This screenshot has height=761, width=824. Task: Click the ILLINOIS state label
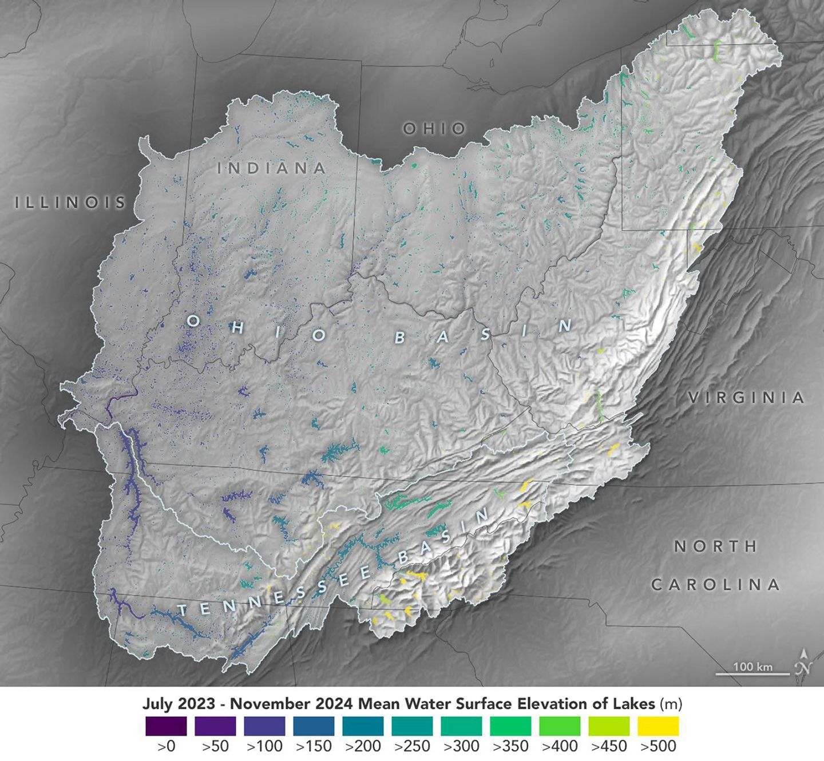pyautogui.click(x=70, y=202)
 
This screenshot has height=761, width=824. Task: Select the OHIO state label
pyautogui.click(x=434, y=129)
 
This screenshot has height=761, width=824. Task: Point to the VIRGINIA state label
pyautogui.click(x=747, y=398)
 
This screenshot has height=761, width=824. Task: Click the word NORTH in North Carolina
pyautogui.click(x=715, y=546)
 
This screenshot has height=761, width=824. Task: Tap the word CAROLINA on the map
pyautogui.click(x=716, y=585)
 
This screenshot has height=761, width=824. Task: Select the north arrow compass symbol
pyautogui.click(x=804, y=664)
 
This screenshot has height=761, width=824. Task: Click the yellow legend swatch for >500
pyautogui.click(x=658, y=726)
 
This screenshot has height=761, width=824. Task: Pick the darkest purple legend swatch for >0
pyautogui.click(x=166, y=726)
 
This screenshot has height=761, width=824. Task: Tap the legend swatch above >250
pyautogui.click(x=412, y=726)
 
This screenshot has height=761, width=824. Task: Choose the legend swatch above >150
pyautogui.click(x=314, y=726)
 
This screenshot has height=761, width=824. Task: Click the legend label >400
pyautogui.click(x=560, y=746)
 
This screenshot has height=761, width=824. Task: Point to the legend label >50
pyautogui.click(x=215, y=746)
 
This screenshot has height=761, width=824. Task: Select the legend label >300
pyautogui.click(x=461, y=746)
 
